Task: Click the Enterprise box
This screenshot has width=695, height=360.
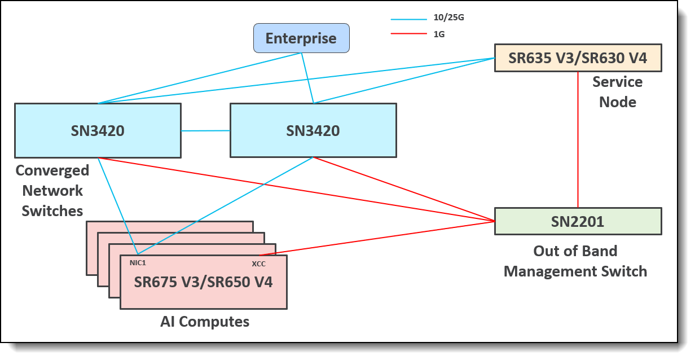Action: [x=301, y=38]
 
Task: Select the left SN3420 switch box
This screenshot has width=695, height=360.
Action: [x=98, y=130]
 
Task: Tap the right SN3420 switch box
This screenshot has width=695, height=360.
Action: [x=313, y=130]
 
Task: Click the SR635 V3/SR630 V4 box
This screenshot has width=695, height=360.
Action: [x=578, y=58]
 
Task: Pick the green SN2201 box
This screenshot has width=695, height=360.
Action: [x=578, y=221]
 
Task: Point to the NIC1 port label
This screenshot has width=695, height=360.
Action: [x=138, y=262]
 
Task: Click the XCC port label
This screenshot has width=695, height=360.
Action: [x=258, y=264]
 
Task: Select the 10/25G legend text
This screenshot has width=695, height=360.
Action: [x=448, y=18]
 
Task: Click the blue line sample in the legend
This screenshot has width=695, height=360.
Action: [x=408, y=19]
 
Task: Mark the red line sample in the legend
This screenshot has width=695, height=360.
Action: [x=408, y=34]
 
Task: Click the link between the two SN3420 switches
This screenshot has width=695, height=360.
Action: [x=205, y=131]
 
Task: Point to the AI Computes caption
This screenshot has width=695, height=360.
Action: [x=205, y=322]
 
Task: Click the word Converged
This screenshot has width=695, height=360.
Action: [x=52, y=170]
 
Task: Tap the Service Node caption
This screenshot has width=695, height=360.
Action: [x=617, y=92]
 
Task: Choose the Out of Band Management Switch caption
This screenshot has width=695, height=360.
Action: [x=575, y=261]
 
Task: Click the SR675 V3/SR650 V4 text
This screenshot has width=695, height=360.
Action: [x=204, y=282]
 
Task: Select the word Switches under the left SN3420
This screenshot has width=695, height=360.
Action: [x=52, y=211]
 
